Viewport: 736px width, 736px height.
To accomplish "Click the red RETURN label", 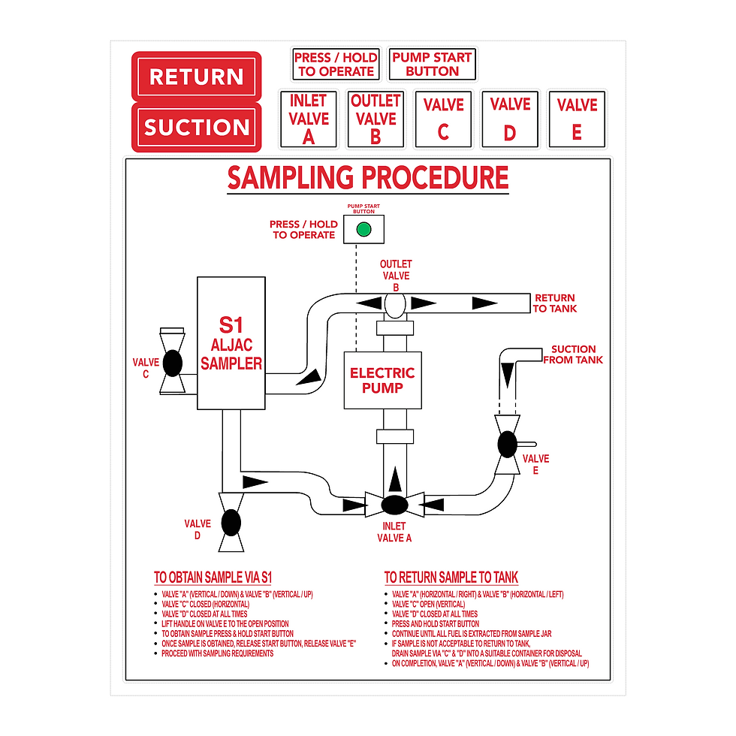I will (196, 77).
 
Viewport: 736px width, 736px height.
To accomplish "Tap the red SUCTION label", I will (196, 127).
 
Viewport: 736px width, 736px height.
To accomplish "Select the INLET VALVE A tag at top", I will (309, 119).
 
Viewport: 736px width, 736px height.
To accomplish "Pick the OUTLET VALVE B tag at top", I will (376, 119).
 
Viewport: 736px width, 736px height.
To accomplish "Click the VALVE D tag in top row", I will (510, 119).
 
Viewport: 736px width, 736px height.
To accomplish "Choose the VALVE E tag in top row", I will (577, 119).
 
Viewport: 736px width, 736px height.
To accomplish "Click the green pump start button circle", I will (363, 229).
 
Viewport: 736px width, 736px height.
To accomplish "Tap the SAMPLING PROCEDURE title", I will (367, 178).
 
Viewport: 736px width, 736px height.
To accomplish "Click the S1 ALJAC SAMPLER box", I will (231, 343).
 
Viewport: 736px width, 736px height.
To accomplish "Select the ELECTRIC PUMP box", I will (382, 381).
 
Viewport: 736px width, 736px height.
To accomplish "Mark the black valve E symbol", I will (508, 444).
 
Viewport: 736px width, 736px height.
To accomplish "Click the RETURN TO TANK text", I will (555, 303).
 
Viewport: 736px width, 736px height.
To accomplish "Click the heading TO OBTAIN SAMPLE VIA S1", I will (213, 578).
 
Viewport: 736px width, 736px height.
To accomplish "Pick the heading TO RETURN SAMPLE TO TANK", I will (451, 578).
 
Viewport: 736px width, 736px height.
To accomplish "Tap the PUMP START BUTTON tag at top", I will (432, 65).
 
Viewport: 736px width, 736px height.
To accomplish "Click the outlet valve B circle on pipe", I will (394, 303).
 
